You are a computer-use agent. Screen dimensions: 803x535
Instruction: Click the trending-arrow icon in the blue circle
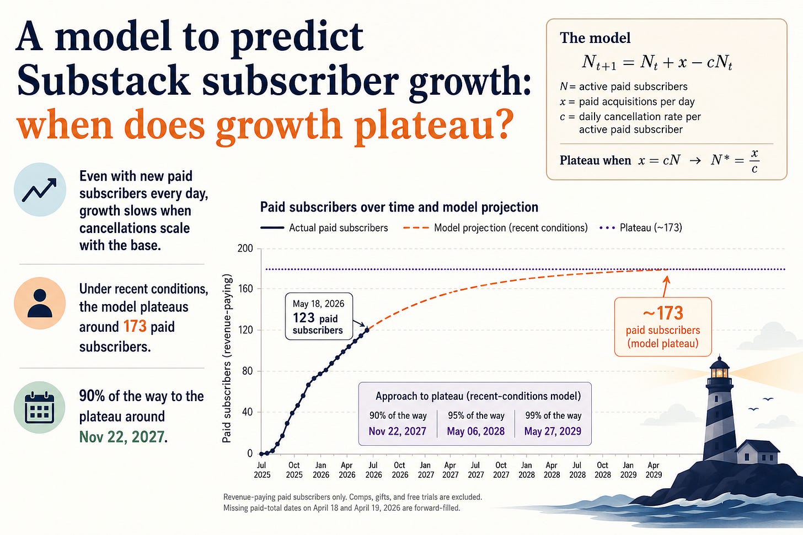coord(40,190)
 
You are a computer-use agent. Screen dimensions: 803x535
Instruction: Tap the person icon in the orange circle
coord(40,303)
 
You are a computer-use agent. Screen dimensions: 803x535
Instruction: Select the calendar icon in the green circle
coord(40,408)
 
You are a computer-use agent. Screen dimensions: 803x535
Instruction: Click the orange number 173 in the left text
coord(135,327)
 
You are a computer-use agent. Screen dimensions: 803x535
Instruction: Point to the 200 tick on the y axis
coord(245,248)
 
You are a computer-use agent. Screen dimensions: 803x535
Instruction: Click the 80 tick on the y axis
coord(247,371)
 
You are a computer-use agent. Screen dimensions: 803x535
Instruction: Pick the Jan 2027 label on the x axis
coord(426,470)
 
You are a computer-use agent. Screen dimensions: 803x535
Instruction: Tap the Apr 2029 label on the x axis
coord(654,470)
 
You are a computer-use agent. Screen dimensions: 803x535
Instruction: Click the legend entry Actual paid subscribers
coord(324,228)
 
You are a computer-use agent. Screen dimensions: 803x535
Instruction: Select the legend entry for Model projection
coord(495,228)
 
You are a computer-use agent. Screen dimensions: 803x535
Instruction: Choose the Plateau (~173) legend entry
coord(641,228)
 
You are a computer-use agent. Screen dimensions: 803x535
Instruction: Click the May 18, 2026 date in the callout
coord(318,304)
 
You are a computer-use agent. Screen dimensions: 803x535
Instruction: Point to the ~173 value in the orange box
coord(663,313)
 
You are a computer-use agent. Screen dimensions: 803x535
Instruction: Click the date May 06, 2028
coord(476,431)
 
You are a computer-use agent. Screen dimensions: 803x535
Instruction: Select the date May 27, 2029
coord(553,431)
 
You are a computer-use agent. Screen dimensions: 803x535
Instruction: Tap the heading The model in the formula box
coord(595,38)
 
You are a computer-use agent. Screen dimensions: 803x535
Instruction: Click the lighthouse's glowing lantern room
coord(719,372)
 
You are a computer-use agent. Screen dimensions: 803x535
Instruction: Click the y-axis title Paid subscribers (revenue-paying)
coord(227,358)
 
